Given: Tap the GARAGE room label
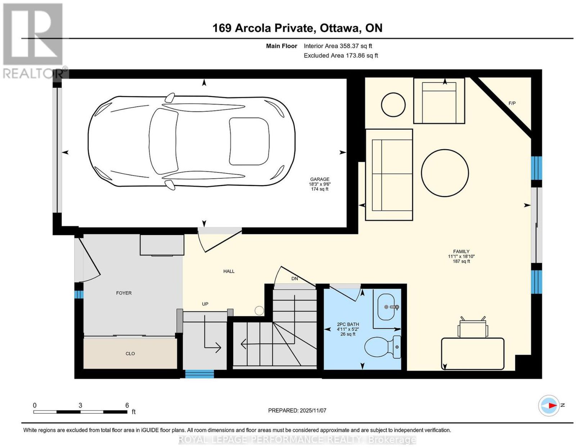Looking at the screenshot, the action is point(320,179).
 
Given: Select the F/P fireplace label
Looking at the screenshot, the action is point(512,103).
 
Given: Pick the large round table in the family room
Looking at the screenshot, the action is point(445,173).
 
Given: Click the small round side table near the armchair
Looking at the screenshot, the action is point(393,105).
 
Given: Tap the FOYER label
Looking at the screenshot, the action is point(124,293).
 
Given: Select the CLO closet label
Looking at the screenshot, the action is point(130,354).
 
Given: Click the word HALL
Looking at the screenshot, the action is point(229,271).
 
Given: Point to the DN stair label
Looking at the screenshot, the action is point(294,279).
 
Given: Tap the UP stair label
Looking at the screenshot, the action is point(205,304).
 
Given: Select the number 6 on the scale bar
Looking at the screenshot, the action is point(127,405).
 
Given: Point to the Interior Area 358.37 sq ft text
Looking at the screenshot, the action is point(338,46).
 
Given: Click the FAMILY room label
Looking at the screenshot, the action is point(461,252).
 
